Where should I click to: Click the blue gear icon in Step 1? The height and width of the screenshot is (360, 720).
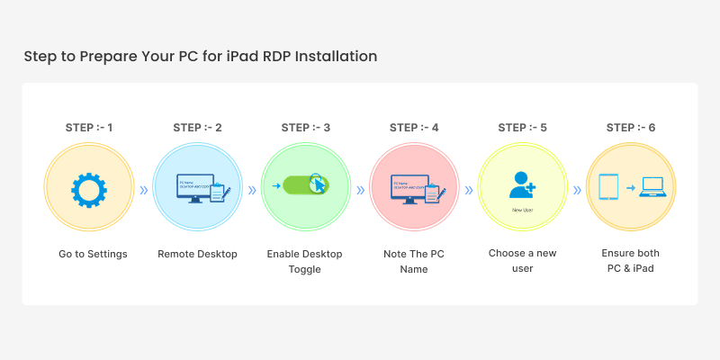(89, 190)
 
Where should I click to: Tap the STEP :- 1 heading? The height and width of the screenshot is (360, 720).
(89, 127)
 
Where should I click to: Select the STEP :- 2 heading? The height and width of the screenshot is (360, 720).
(197, 127)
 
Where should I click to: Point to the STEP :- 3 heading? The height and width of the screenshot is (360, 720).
(305, 127)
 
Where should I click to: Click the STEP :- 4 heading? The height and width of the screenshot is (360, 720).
(414, 127)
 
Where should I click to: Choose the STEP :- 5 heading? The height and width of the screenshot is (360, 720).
(522, 127)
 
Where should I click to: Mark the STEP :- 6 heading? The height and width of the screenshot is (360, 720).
(630, 127)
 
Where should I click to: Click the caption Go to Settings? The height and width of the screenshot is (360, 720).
(93, 254)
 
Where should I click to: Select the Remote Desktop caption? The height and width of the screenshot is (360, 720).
(197, 254)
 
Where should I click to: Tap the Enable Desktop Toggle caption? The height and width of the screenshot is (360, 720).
(305, 261)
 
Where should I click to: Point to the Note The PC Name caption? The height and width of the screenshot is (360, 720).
(414, 261)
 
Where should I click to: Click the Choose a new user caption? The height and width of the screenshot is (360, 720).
(522, 261)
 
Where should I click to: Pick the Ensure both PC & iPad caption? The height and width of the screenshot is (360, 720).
(630, 261)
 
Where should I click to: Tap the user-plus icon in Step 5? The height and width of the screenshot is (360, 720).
(521, 184)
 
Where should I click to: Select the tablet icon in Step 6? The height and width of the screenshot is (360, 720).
(607, 188)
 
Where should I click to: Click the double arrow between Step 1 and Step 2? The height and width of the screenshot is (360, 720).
(143, 190)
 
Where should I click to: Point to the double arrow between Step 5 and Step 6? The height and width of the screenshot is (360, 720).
(576, 190)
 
